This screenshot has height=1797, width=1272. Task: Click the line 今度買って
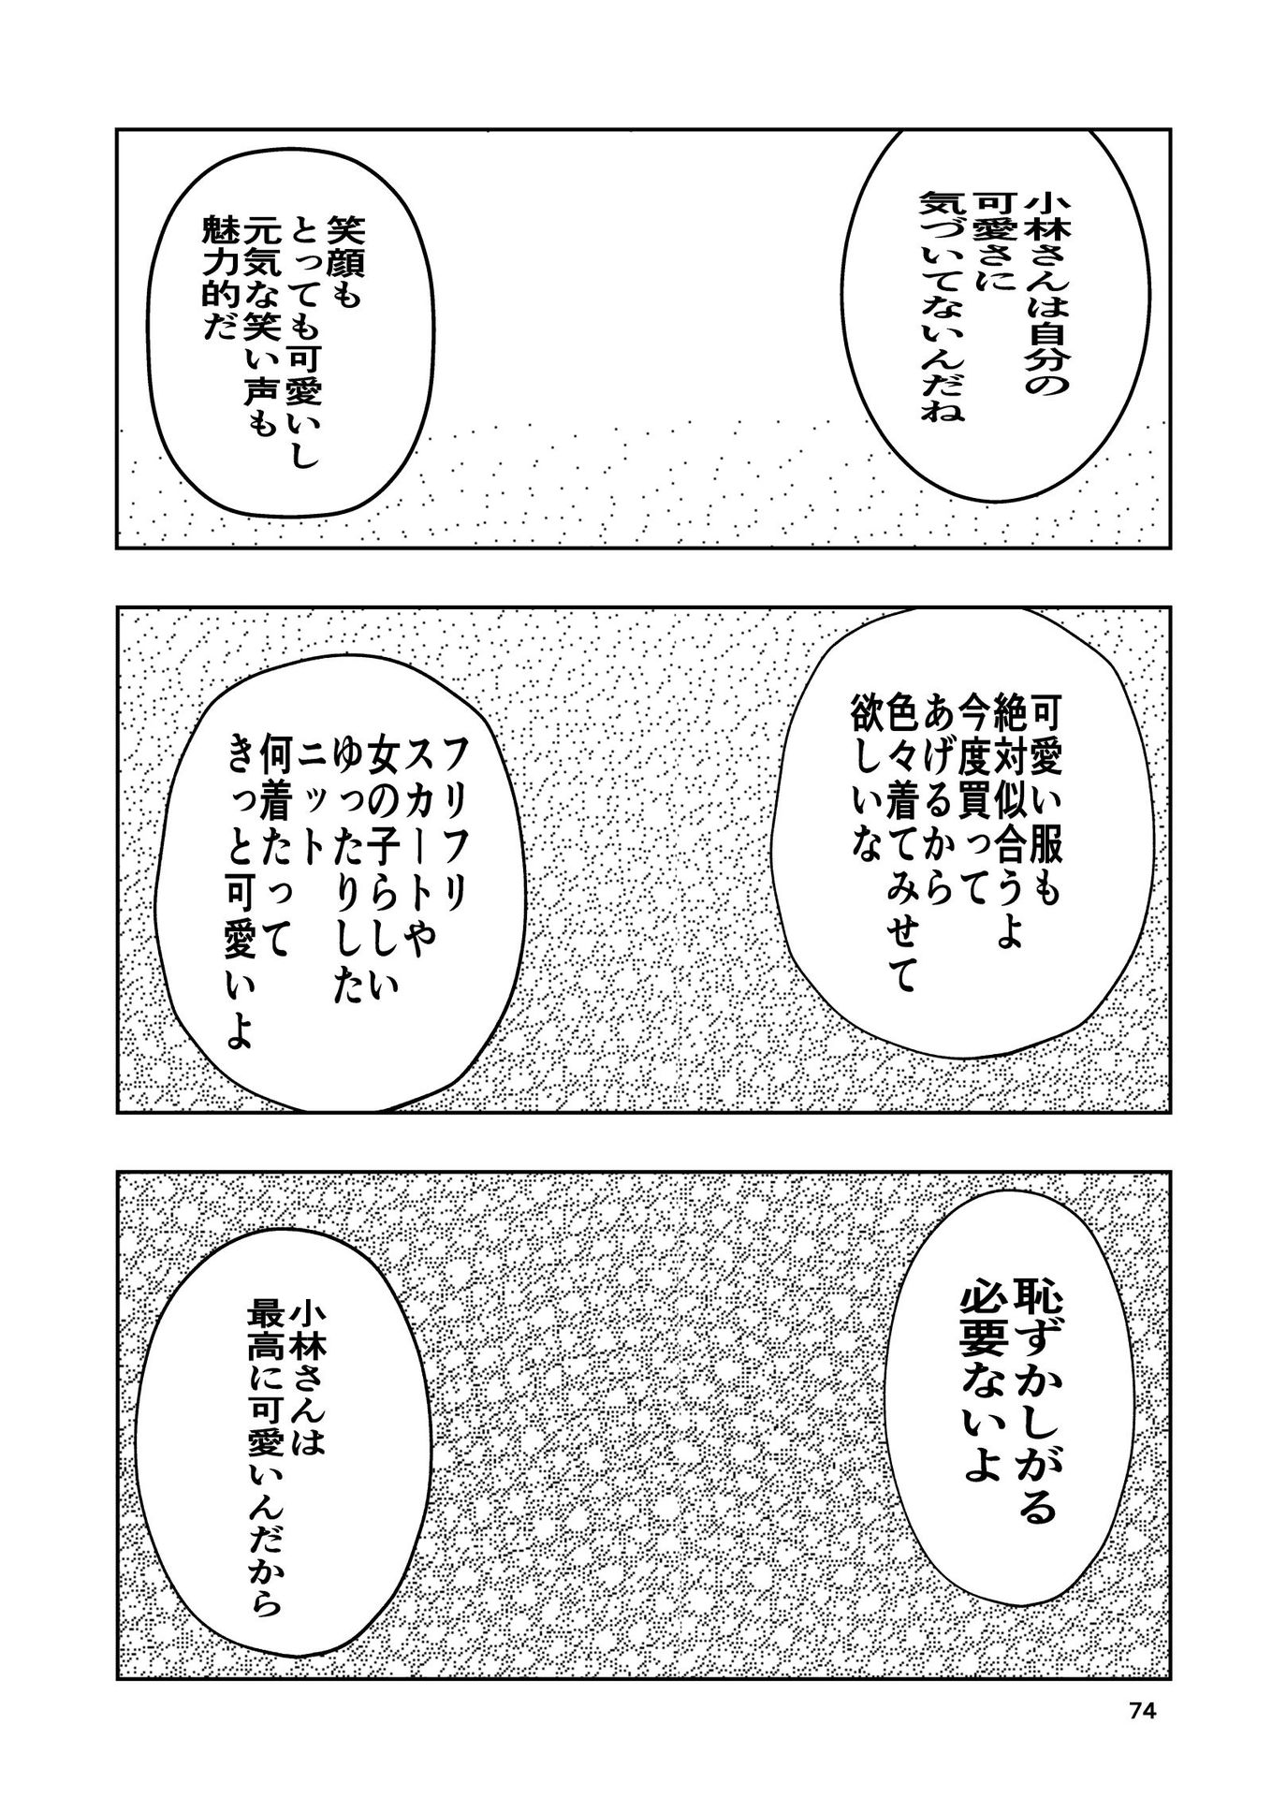956,780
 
